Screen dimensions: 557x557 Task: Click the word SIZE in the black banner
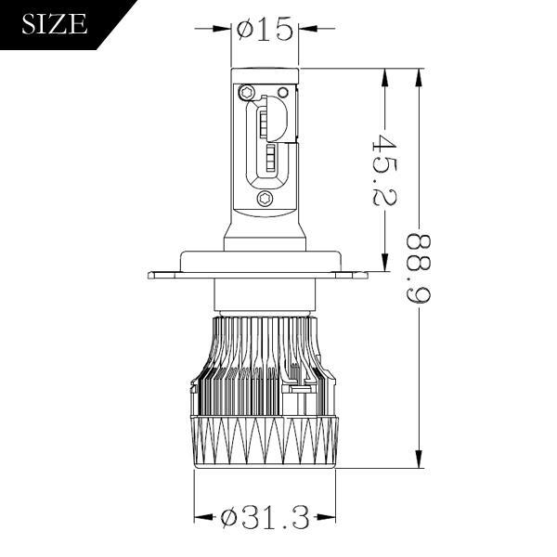tap(54, 24)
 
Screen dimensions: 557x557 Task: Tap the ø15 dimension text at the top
tap(265, 30)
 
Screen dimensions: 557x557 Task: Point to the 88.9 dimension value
tap(421, 269)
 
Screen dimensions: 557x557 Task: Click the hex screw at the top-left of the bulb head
tap(248, 93)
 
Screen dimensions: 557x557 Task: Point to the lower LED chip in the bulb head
tap(269, 158)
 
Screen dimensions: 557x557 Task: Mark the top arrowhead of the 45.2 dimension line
tap(383, 76)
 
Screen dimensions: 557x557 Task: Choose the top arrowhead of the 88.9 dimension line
tap(421, 76)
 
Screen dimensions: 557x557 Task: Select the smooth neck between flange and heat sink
tap(264, 296)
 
